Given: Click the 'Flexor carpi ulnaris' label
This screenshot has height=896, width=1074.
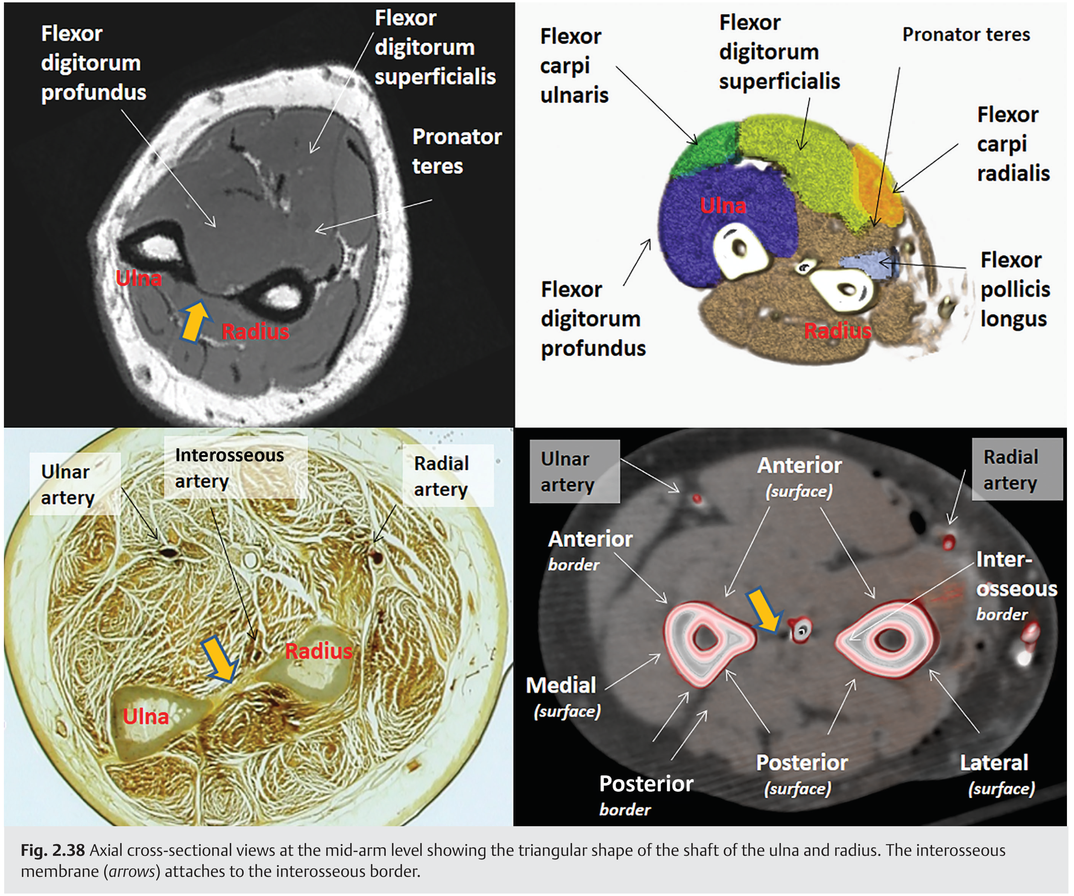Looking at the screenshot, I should (574, 66).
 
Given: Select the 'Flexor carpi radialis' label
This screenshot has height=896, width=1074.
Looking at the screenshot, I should (1013, 144).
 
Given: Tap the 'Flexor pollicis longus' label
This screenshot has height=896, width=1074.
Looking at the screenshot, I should (1015, 289).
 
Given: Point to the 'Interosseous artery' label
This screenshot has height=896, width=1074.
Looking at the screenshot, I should (229, 468).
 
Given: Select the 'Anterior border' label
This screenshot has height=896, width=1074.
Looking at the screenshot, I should (590, 550).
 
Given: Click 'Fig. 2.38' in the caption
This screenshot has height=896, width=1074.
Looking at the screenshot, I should (52, 850).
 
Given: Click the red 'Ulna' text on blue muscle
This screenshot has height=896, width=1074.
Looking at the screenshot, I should (722, 205).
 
